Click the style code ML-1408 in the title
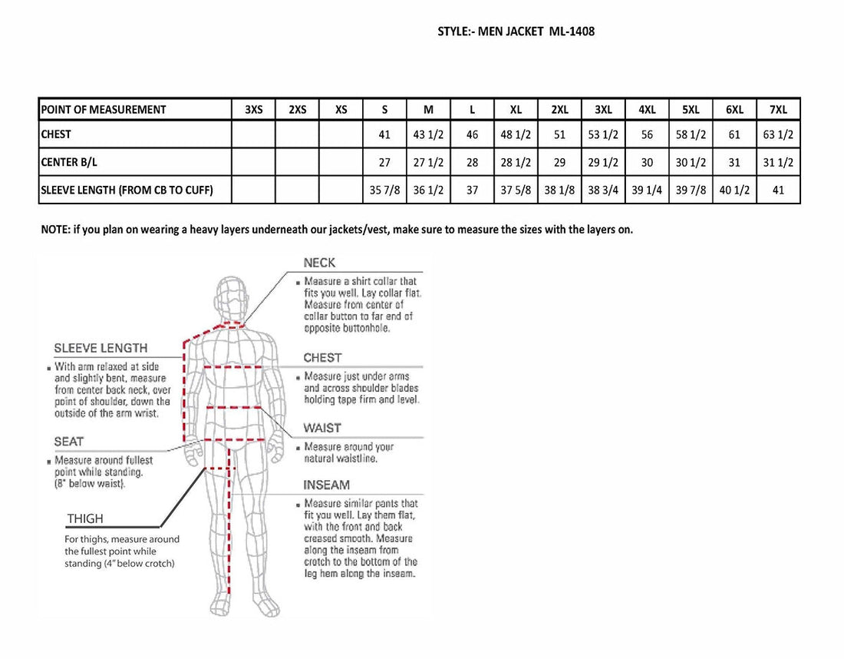pos(572,31)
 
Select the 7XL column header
pos(778,110)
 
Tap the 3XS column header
pos(254,110)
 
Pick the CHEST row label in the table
pos(56,134)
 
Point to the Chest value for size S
pos(384,134)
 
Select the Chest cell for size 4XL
pos(647,134)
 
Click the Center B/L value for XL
pos(516,162)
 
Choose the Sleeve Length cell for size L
pos(472,190)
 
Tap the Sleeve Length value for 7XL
pos(778,190)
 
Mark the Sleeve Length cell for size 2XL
pos(559,190)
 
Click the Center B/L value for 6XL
pos(734,162)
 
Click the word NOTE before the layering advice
pos(54,230)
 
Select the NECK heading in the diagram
pos(319,263)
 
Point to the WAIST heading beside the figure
pos(322,428)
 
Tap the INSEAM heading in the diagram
pos(326,485)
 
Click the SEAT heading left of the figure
pos(69,441)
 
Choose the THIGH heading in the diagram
pos(84,519)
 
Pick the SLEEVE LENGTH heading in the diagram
pos(101,348)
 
